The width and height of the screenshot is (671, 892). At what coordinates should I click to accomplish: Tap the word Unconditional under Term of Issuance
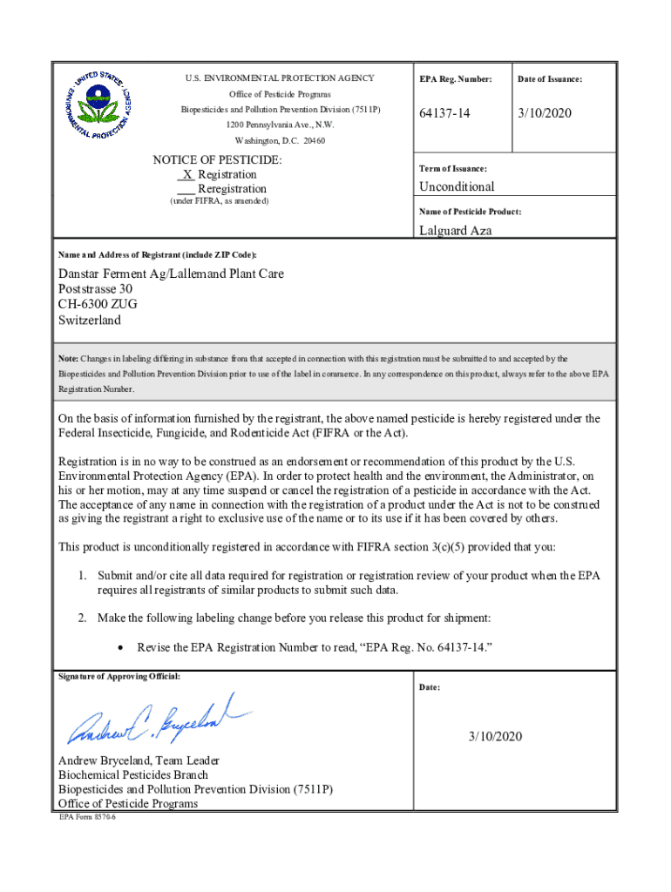pyautogui.click(x=457, y=186)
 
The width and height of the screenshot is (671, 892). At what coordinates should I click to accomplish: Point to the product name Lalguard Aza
pyautogui.click(x=455, y=231)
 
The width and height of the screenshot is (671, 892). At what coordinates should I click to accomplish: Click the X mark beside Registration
pyautogui.click(x=187, y=174)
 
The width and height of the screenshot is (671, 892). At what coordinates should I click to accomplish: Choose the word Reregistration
pyautogui.click(x=232, y=189)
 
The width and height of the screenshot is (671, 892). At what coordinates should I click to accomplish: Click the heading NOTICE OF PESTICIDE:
pyautogui.click(x=217, y=160)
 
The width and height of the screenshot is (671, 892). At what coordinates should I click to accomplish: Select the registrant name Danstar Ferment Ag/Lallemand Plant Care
pyautogui.click(x=171, y=274)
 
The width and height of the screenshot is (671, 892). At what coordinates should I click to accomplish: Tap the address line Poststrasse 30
pyautogui.click(x=95, y=289)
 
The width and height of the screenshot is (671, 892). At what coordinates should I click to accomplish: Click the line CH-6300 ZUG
pyautogui.click(x=97, y=304)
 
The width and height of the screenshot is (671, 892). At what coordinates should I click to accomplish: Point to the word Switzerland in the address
pyautogui.click(x=90, y=320)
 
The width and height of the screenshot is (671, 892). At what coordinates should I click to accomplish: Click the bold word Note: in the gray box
pyautogui.click(x=68, y=359)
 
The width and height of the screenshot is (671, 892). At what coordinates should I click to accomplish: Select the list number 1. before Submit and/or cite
pyautogui.click(x=81, y=576)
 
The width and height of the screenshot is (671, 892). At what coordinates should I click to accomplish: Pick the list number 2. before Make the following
pyautogui.click(x=81, y=618)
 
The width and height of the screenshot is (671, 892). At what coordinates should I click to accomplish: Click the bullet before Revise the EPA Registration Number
pyautogui.click(x=121, y=648)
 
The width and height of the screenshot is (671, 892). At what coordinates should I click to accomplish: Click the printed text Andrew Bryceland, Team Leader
pyautogui.click(x=139, y=760)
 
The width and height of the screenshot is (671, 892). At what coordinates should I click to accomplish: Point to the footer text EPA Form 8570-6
pyautogui.click(x=87, y=818)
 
